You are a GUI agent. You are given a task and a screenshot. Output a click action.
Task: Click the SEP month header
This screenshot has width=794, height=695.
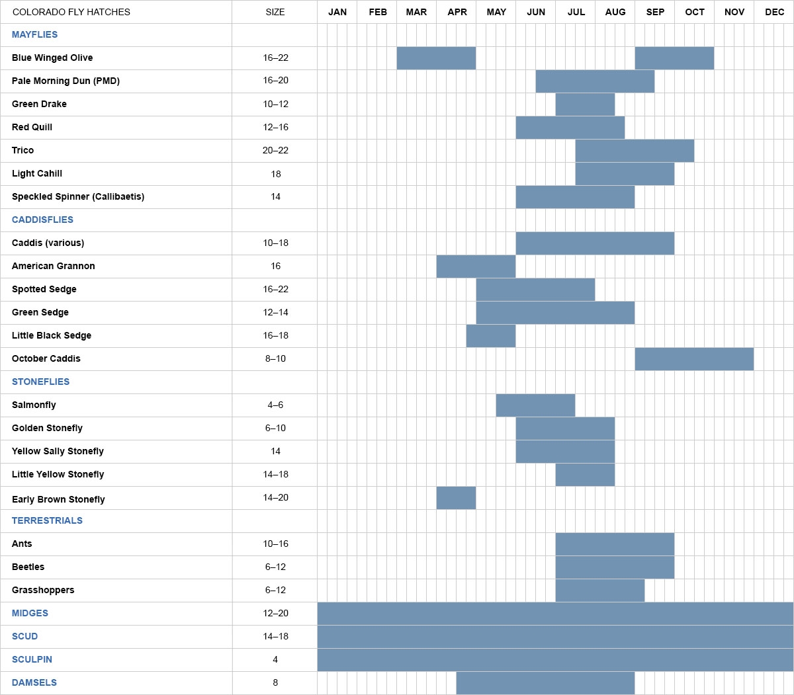pos(655,12)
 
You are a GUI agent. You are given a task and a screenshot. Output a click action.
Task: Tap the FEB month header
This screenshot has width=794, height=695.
pos(378,12)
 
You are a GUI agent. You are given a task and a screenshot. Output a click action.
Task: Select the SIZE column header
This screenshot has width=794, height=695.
pos(275,12)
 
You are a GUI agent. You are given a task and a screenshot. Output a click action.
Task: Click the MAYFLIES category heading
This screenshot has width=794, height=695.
pos(34,34)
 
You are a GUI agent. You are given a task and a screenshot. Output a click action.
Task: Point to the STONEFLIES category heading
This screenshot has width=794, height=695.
pos(40,382)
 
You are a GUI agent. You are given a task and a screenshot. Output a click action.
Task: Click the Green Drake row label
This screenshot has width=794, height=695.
pos(39,104)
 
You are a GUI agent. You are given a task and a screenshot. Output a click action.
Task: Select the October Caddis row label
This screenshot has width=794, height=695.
pos(46,358)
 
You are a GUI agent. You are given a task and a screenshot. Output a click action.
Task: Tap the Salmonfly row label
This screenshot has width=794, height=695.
pos(34,405)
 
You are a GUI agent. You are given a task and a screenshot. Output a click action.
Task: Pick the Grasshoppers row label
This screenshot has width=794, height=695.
pos(43,590)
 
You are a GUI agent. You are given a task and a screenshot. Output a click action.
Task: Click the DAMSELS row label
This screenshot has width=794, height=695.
pos(34,682)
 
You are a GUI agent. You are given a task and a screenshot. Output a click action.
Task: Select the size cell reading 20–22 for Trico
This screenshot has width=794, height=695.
pos(275,150)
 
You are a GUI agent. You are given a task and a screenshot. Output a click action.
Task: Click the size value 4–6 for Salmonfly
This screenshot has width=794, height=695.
pos(275,405)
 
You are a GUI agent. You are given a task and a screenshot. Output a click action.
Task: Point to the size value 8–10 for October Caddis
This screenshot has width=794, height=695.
pos(275,358)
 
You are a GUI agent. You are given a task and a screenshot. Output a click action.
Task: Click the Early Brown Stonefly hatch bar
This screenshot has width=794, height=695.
pos(456,497)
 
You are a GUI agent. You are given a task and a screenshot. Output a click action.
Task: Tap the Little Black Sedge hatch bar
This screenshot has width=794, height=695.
pos(491,335)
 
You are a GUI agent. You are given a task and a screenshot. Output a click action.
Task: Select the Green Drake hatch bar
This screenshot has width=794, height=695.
pos(585,104)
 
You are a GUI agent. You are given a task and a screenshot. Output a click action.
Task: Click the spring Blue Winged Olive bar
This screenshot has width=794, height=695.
pos(436,58)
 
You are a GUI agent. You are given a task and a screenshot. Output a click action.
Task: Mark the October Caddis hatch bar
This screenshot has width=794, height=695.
pos(694,358)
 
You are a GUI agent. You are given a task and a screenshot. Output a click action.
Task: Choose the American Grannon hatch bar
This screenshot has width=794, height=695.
pos(476,266)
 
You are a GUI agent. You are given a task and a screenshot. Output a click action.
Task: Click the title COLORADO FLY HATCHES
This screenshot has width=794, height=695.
pos(71,12)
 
